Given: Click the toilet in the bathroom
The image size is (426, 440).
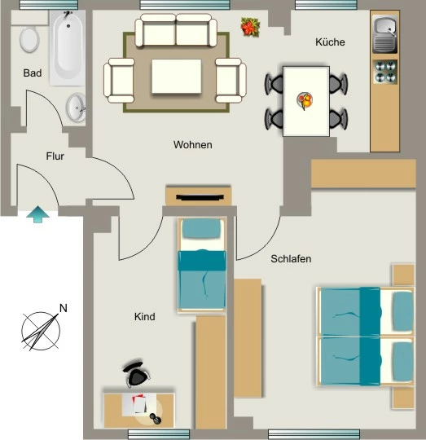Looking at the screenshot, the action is pyautogui.click(x=29, y=39).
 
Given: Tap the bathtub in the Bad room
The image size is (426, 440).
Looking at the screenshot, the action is pyautogui.click(x=68, y=48).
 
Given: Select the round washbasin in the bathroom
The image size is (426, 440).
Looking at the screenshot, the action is pyautogui.click(x=77, y=108).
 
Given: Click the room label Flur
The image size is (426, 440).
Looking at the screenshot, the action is pyautogui.click(x=55, y=156).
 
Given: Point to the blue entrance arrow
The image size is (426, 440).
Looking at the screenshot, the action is pyautogui.click(x=37, y=214).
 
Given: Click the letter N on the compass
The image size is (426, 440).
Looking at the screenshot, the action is pyautogui.click(x=64, y=308).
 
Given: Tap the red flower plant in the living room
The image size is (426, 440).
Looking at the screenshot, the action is pyautogui.click(x=250, y=27).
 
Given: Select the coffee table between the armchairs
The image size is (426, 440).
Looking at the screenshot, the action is pyautogui.click(x=177, y=76).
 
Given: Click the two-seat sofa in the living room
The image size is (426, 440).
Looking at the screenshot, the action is pyautogui.click(x=176, y=30).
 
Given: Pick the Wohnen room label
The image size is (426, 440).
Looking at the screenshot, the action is pyautogui.click(x=193, y=145).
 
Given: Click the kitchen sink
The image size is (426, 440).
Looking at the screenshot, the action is pyautogui.click(x=384, y=34).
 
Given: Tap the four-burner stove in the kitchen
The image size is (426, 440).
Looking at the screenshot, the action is pyautogui.click(x=385, y=71).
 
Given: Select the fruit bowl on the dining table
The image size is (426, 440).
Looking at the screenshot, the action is pyautogui.click(x=305, y=100).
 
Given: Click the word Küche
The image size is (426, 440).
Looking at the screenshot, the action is pyautogui.click(x=330, y=42).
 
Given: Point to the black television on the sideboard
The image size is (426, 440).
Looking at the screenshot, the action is pyautogui.click(x=200, y=197).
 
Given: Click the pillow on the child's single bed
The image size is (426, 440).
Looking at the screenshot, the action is pyautogui.click(x=201, y=228).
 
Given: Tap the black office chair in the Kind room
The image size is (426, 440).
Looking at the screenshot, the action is pyautogui.click(x=136, y=373).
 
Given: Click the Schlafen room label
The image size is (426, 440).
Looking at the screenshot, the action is pyautogui.click(x=291, y=259).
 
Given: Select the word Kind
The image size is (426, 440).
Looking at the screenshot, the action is pyautogui.click(x=145, y=316).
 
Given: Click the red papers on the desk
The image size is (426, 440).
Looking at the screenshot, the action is pyautogui.click(x=139, y=403).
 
